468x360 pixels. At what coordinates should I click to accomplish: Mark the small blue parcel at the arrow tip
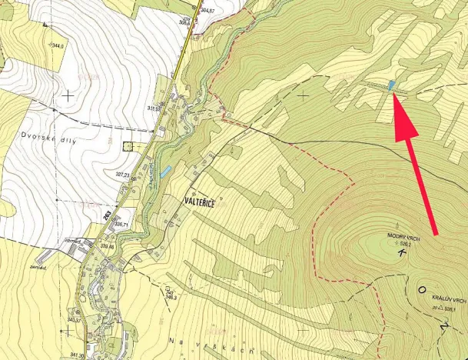point(391,85)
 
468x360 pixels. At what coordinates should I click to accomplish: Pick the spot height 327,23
point(123,175)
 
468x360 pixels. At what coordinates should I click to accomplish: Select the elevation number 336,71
point(121,225)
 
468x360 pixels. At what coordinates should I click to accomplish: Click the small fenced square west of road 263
point(128,145)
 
